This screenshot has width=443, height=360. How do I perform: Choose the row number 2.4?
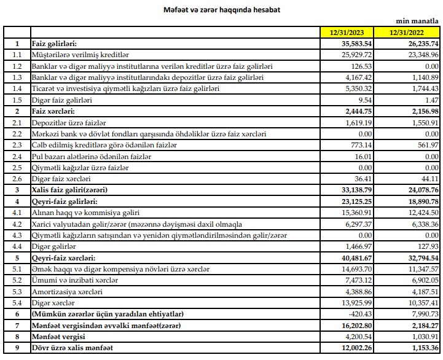click(17, 157)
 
